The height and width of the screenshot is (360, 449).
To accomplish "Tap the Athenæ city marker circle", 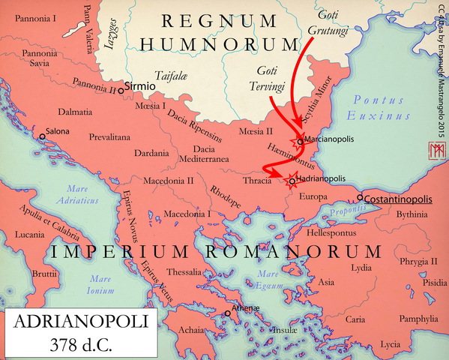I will coord(228,314).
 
